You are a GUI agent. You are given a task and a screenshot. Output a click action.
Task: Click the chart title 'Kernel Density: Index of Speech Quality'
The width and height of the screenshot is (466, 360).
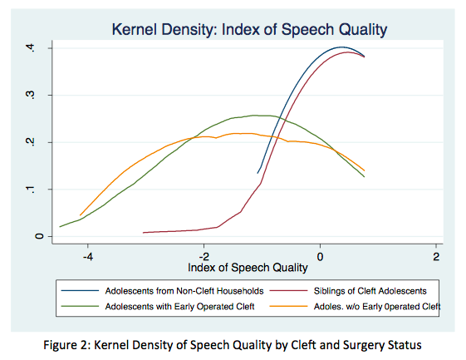click(250, 30)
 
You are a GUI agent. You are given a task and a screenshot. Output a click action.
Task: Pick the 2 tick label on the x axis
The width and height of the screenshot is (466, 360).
click(436, 255)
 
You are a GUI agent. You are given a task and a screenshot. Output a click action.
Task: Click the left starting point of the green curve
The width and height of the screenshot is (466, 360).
click(60, 226)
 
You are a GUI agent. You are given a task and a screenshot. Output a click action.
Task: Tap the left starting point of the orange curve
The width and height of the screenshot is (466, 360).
click(80, 215)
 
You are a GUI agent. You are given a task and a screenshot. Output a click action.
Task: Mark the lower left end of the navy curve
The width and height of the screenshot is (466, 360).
click(258, 172)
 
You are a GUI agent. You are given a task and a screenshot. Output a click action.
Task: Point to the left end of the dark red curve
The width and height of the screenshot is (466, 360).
click(144, 233)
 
